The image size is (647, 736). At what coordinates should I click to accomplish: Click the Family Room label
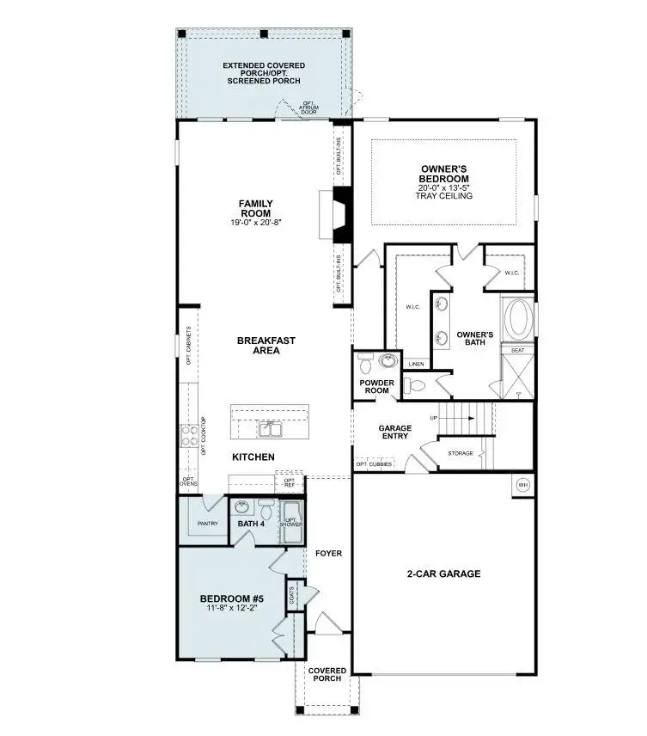click(x=256, y=208)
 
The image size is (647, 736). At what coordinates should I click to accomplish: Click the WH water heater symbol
click(x=522, y=486)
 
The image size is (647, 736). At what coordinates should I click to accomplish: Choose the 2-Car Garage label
click(x=443, y=573)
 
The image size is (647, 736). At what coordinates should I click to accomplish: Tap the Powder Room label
click(x=375, y=385)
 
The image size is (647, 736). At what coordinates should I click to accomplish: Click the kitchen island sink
click(x=271, y=427)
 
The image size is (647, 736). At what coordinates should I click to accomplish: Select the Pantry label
click(x=207, y=523)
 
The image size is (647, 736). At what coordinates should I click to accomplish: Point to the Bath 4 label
click(x=251, y=523)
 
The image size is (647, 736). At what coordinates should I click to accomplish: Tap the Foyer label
click(x=328, y=553)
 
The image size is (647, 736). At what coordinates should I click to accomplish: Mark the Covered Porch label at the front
click(x=327, y=675)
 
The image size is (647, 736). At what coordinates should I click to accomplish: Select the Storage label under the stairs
click(x=460, y=453)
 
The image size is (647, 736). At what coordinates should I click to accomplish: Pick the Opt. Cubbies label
click(x=374, y=465)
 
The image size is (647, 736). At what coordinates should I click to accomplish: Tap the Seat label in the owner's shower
click(x=518, y=350)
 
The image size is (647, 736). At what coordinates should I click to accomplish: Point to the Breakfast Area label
click(x=266, y=346)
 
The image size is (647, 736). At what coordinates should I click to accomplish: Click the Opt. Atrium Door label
click(x=309, y=107)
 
